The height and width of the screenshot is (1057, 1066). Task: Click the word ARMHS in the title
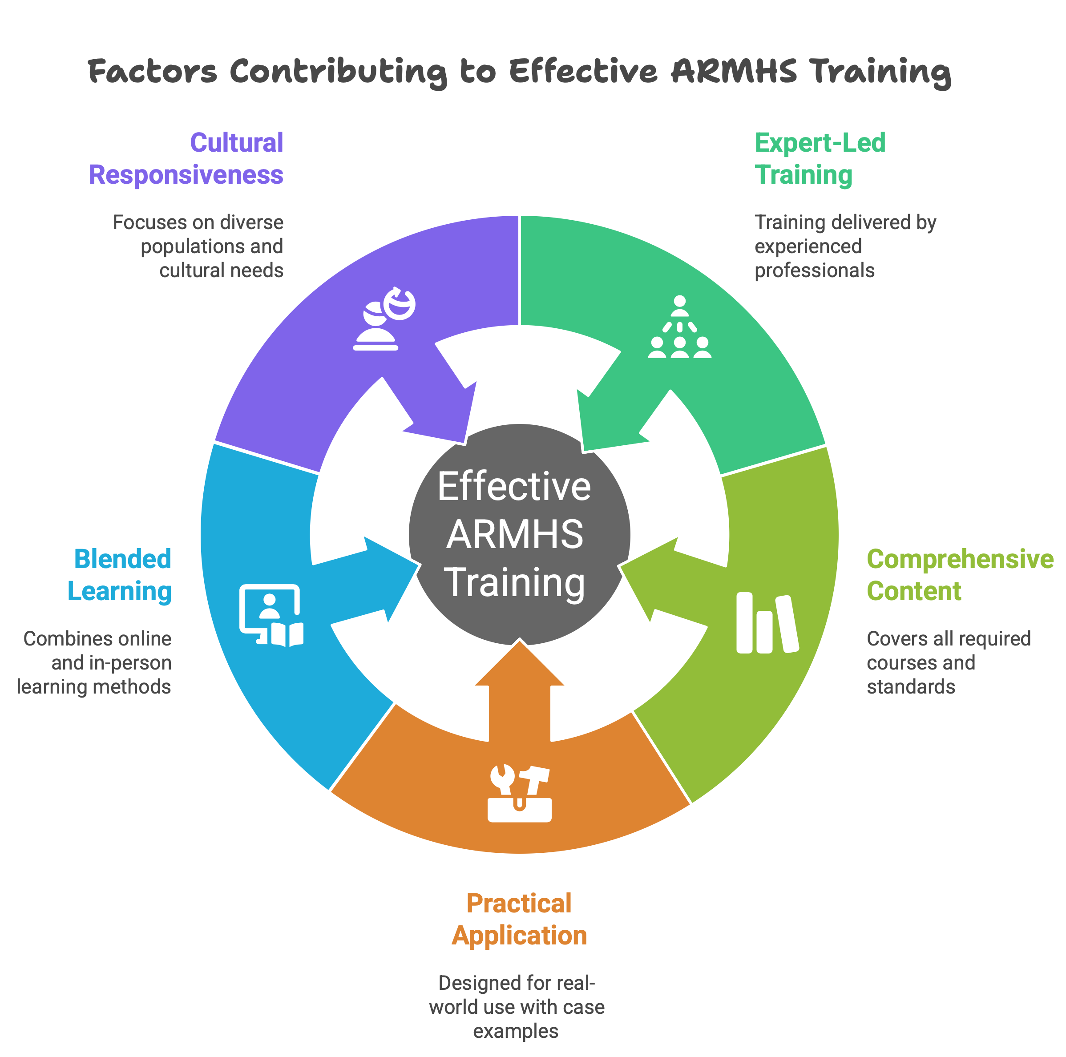[734, 71]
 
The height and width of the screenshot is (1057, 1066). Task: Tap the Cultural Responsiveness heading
[186, 158]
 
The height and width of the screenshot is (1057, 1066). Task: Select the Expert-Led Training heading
[820, 158]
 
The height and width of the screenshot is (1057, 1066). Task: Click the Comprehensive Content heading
[960, 575]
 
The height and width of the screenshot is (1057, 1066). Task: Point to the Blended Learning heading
[120, 575]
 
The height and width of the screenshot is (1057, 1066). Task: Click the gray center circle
[519, 534]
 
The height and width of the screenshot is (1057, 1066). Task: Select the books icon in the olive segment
[767, 623]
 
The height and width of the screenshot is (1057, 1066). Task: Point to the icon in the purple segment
[384, 319]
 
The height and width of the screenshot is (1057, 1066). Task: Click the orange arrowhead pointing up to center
[519, 665]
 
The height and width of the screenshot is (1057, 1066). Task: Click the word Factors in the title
[152, 71]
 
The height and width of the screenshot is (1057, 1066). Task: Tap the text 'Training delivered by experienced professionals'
[844, 246]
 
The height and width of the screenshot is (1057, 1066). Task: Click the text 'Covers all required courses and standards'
[948, 662]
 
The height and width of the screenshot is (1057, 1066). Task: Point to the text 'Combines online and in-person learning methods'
[94, 662]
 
